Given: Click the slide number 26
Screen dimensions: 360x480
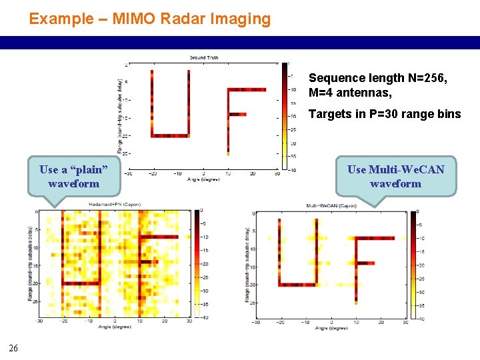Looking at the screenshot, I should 13,346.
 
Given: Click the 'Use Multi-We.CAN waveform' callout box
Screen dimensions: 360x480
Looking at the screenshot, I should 395,176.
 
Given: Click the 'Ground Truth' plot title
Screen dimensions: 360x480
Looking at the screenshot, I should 204,58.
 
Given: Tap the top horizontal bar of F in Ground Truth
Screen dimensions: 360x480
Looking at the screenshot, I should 247,89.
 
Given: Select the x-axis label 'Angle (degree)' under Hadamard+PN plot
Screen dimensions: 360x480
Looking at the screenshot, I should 114,327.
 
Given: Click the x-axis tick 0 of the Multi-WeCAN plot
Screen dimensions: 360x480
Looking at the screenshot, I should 330,322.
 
